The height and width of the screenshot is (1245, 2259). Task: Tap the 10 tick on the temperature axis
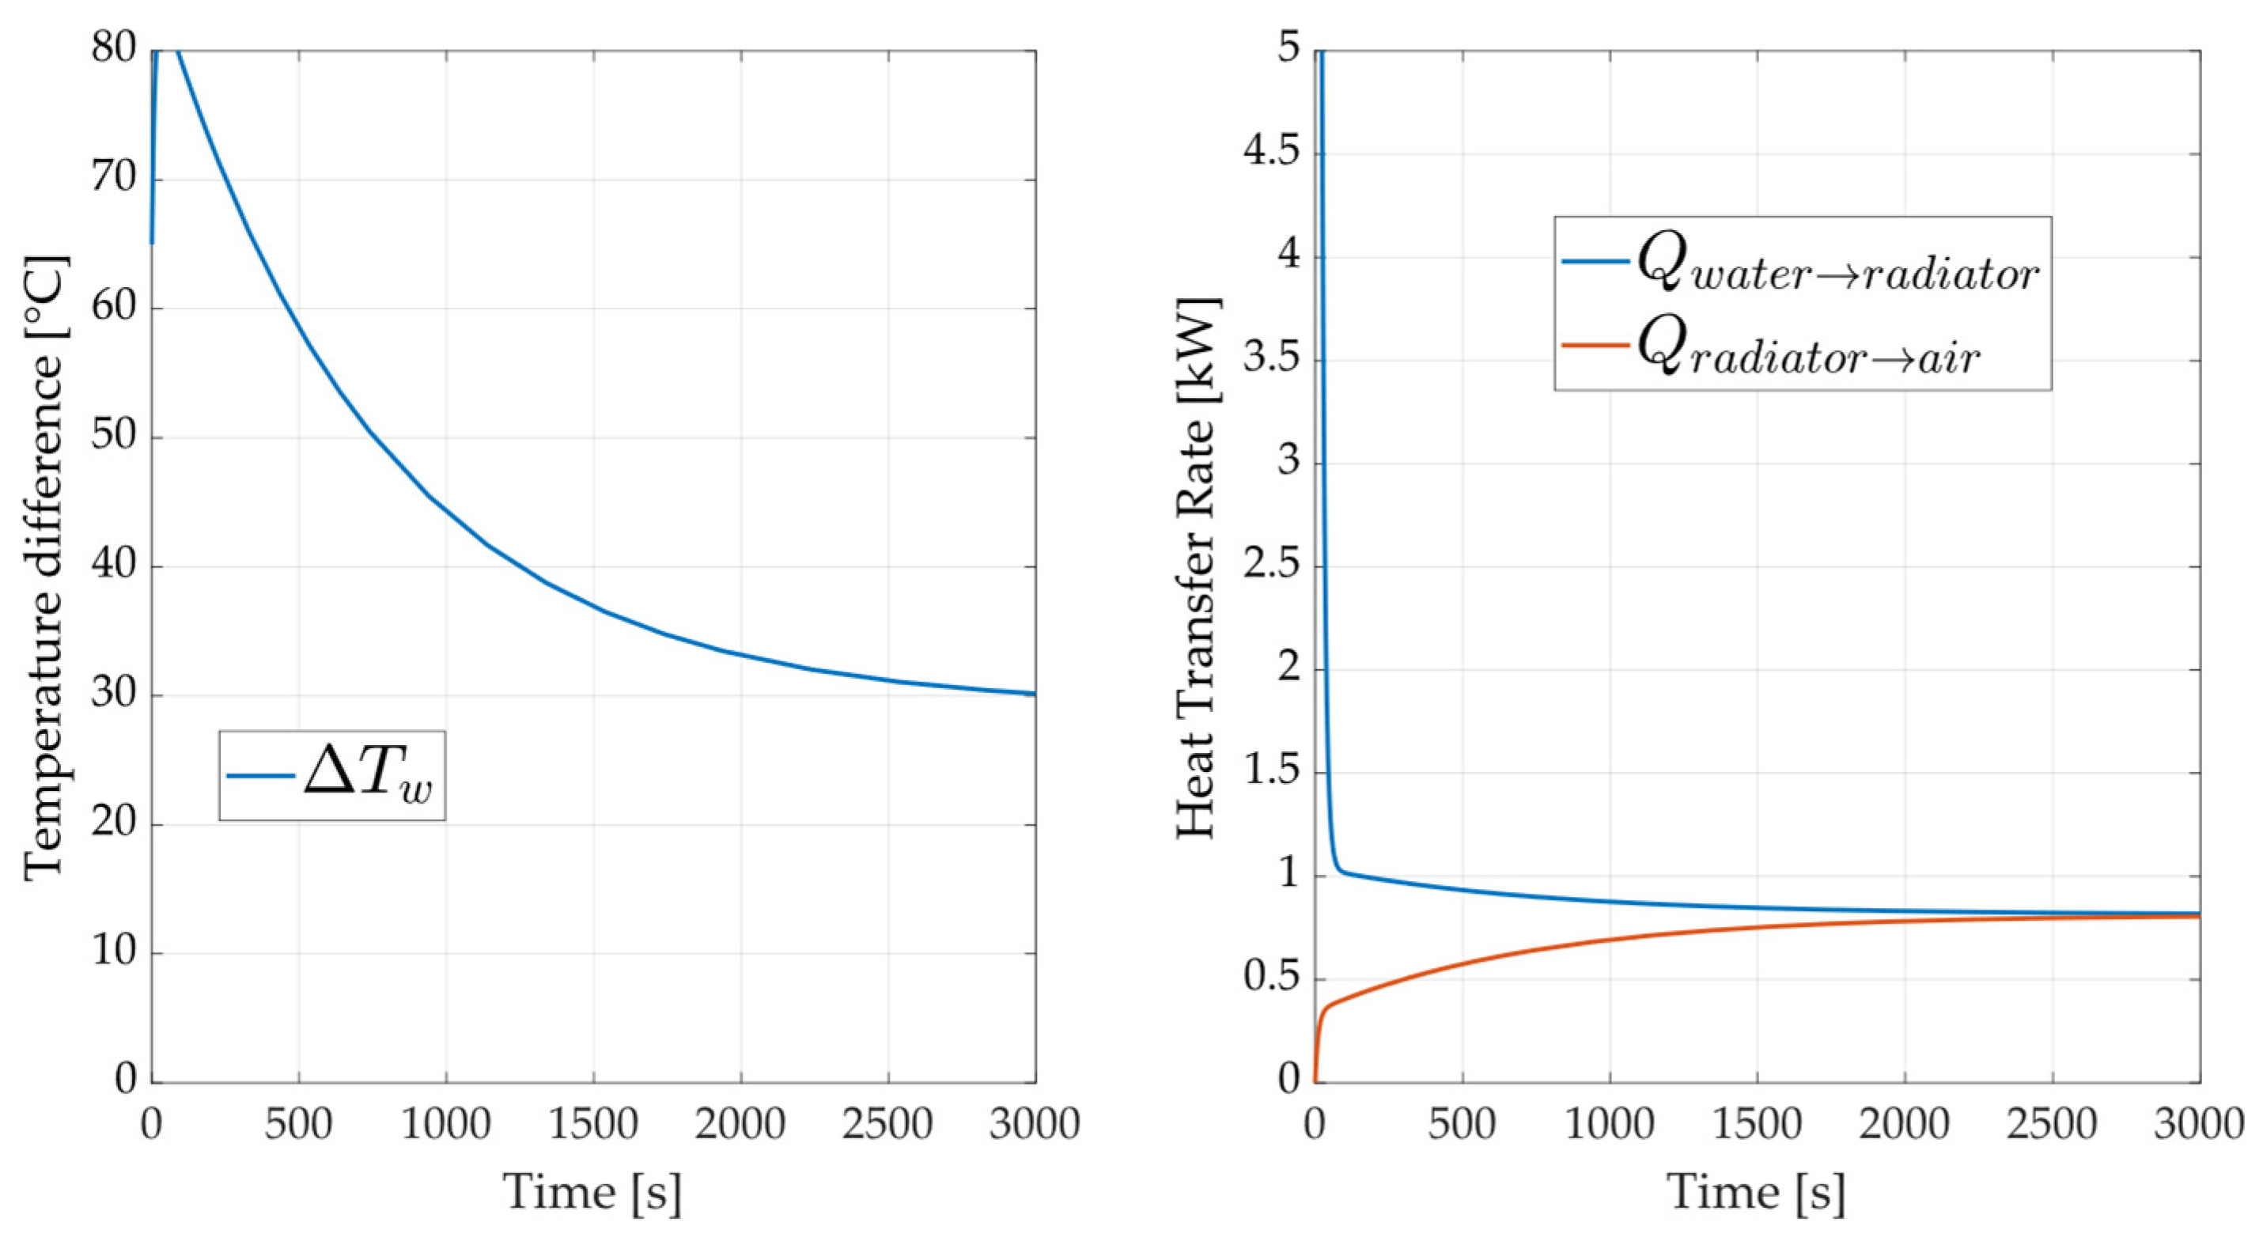(114, 952)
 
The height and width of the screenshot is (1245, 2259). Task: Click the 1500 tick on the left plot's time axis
(594, 1125)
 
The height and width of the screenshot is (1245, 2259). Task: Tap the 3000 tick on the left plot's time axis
(1035, 1125)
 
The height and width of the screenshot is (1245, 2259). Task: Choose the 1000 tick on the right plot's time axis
(1609, 1125)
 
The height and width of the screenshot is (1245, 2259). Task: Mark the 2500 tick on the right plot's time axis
(2052, 1125)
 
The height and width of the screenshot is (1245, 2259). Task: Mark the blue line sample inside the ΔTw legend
(260, 776)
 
